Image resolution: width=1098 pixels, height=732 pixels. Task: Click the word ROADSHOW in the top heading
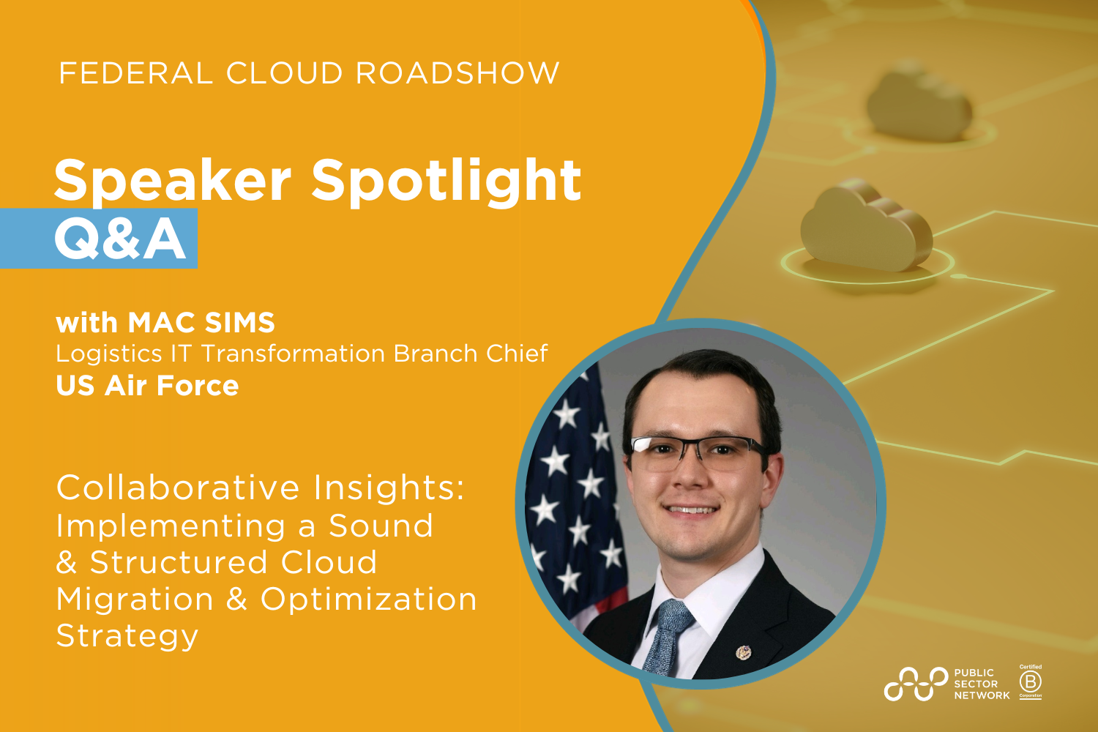(x=457, y=73)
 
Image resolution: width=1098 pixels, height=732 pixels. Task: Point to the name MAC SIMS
(x=201, y=323)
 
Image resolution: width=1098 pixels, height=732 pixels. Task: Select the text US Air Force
(x=147, y=386)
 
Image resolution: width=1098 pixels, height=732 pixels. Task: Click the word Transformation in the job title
(x=293, y=354)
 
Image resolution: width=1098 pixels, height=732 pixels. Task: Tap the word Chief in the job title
(x=517, y=354)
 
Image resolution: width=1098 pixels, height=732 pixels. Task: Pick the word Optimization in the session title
(x=369, y=600)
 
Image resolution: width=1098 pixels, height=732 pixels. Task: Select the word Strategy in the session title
(x=127, y=636)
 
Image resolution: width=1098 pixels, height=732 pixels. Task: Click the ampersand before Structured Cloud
(x=67, y=563)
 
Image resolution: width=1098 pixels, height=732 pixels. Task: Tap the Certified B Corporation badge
(x=1031, y=681)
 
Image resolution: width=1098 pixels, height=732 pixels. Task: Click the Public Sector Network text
(x=981, y=684)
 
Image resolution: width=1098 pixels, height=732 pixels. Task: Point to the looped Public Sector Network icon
(x=916, y=684)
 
